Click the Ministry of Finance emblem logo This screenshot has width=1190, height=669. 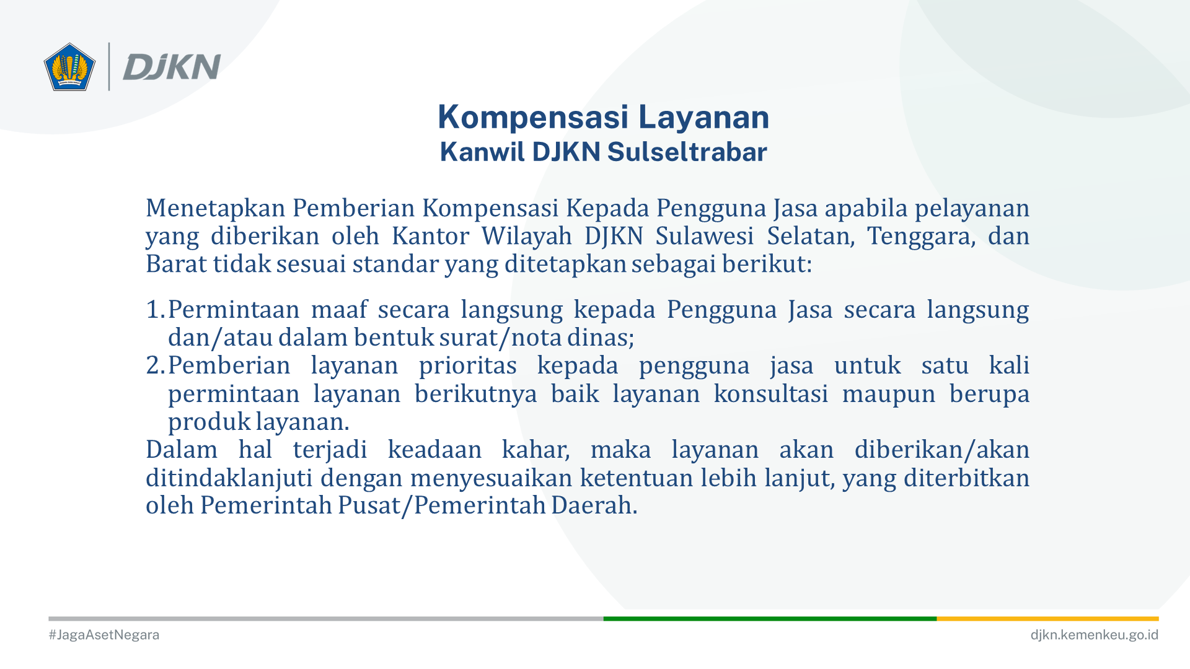click(69, 67)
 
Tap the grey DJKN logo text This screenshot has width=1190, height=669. click(172, 67)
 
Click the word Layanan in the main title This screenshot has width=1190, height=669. click(703, 118)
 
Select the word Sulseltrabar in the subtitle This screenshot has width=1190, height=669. click(687, 152)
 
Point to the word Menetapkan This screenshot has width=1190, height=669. click(216, 208)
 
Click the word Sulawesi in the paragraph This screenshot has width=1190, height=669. click(704, 236)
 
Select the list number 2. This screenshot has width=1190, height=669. click(155, 365)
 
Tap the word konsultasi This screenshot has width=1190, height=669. click(770, 393)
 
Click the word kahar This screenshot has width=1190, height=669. click(535, 450)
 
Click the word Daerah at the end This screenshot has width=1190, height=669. click(594, 505)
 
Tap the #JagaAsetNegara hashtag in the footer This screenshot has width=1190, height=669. click(104, 635)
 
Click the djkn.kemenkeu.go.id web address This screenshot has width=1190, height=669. click(1094, 635)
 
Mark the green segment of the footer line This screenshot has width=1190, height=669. click(770, 618)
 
